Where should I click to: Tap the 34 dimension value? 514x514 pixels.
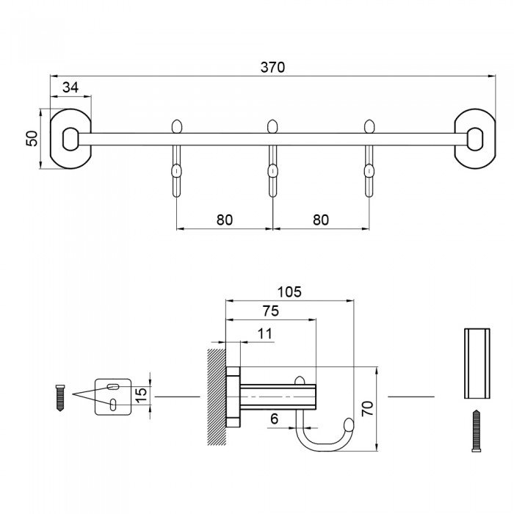pos(70,87)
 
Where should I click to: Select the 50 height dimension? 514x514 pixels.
pos(32,138)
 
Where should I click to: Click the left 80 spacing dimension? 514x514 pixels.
pos(225,219)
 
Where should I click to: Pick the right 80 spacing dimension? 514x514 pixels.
pos(321,219)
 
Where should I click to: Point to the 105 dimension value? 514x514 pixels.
pos(290,292)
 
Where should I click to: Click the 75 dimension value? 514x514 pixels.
pos(269,311)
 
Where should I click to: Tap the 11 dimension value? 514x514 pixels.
pos(265,333)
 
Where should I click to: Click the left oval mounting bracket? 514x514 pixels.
pos(70,139)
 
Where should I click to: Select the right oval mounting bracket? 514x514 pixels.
pos(475,139)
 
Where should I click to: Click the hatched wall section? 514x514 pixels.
pos(217,397)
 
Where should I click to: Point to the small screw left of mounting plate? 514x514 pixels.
pos(61,397)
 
